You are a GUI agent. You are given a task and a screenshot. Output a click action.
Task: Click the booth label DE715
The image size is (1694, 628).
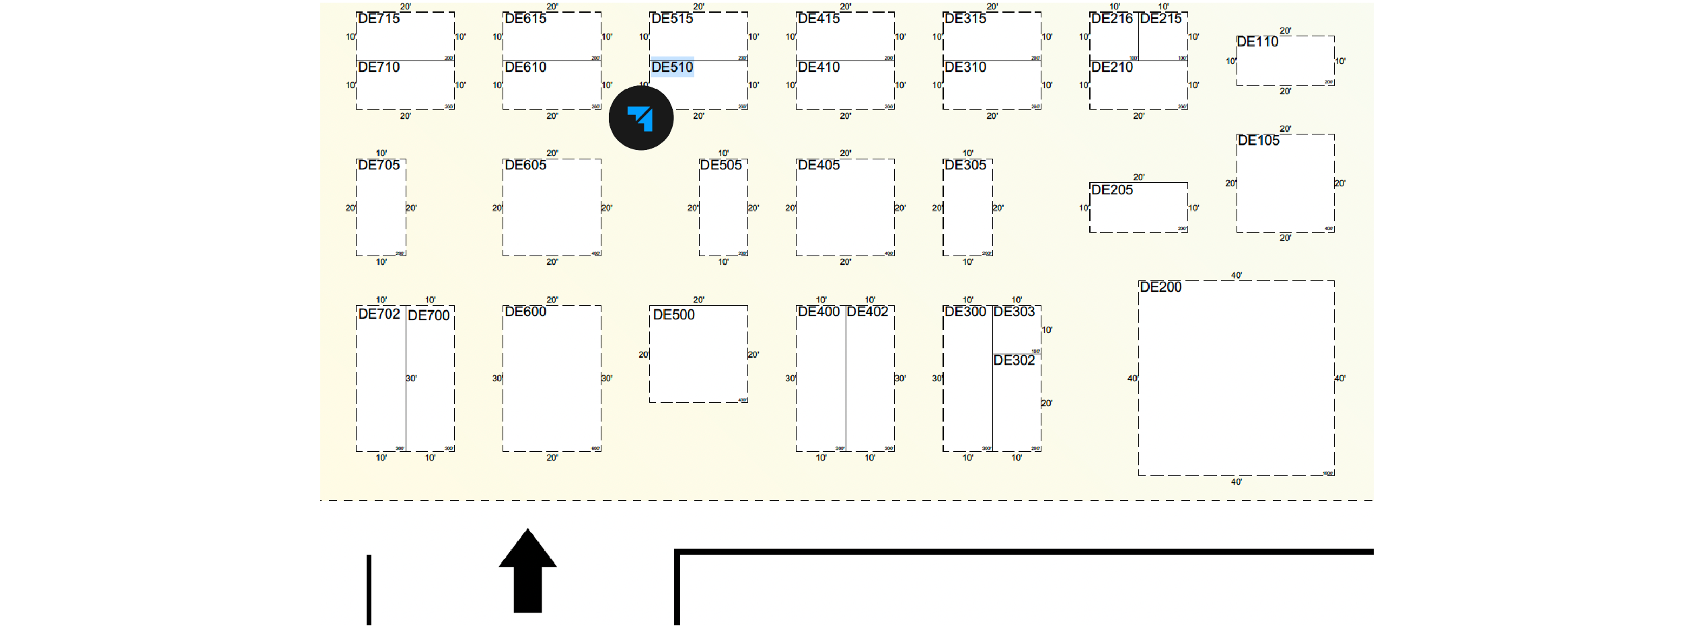coord(379,19)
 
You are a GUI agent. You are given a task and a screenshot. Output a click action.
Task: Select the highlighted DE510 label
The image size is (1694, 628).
coord(672,67)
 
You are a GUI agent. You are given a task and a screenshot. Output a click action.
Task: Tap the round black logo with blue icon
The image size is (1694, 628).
coord(641,118)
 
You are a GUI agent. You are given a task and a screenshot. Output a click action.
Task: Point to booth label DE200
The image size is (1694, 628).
coord(1161,287)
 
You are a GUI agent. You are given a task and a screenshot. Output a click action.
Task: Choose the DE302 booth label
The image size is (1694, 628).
coord(1014,360)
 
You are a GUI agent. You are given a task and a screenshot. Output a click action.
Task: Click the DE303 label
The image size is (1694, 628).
coord(1014,312)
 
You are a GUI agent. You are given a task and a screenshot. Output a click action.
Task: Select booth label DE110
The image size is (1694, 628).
coord(1257,42)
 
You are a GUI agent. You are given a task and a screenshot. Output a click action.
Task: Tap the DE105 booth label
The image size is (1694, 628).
coord(1259,141)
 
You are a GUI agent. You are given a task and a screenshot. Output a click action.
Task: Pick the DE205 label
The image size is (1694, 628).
coord(1112,190)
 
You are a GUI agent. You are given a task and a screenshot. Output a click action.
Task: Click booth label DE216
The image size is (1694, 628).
coord(1112,19)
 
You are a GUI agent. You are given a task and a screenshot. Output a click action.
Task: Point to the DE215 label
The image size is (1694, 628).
coord(1161,19)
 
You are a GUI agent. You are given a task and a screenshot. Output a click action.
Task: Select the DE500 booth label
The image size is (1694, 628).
coord(674,315)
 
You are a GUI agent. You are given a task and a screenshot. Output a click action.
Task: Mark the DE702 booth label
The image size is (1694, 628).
coord(379,314)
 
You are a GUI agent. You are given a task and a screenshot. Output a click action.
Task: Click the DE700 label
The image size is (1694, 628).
coord(429,315)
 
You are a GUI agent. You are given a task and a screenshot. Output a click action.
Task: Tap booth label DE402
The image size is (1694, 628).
coord(867,312)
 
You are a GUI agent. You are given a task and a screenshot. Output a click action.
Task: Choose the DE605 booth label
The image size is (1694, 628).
coord(525,165)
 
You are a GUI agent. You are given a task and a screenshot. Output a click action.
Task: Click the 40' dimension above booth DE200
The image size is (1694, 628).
coord(1237,276)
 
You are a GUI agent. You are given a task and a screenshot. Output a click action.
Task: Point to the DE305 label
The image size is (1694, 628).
coord(965,165)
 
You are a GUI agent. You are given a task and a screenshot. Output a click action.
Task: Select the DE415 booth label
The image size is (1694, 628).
coord(819,19)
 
